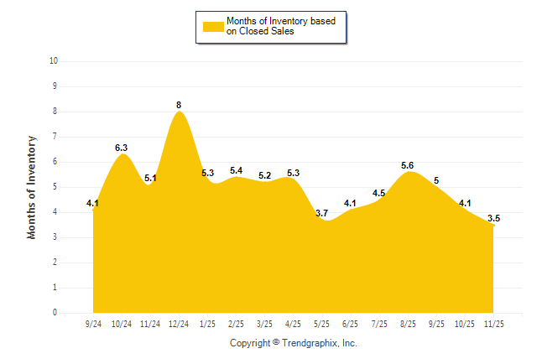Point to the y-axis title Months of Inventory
(32, 187)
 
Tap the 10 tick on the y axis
(54, 61)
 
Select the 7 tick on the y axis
(55, 137)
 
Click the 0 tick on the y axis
(55, 313)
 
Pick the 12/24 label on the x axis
(179, 323)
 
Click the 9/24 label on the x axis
(93, 323)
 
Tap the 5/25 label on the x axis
(321, 323)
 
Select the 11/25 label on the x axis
(493, 323)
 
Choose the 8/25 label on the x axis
(408, 323)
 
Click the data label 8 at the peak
(179, 105)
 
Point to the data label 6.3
(122, 148)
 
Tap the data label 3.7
(321, 213)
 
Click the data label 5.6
(408, 165)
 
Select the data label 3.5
(493, 218)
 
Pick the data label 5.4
(236, 170)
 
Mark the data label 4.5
(378, 193)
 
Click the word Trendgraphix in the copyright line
(310, 343)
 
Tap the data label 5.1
(151, 178)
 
